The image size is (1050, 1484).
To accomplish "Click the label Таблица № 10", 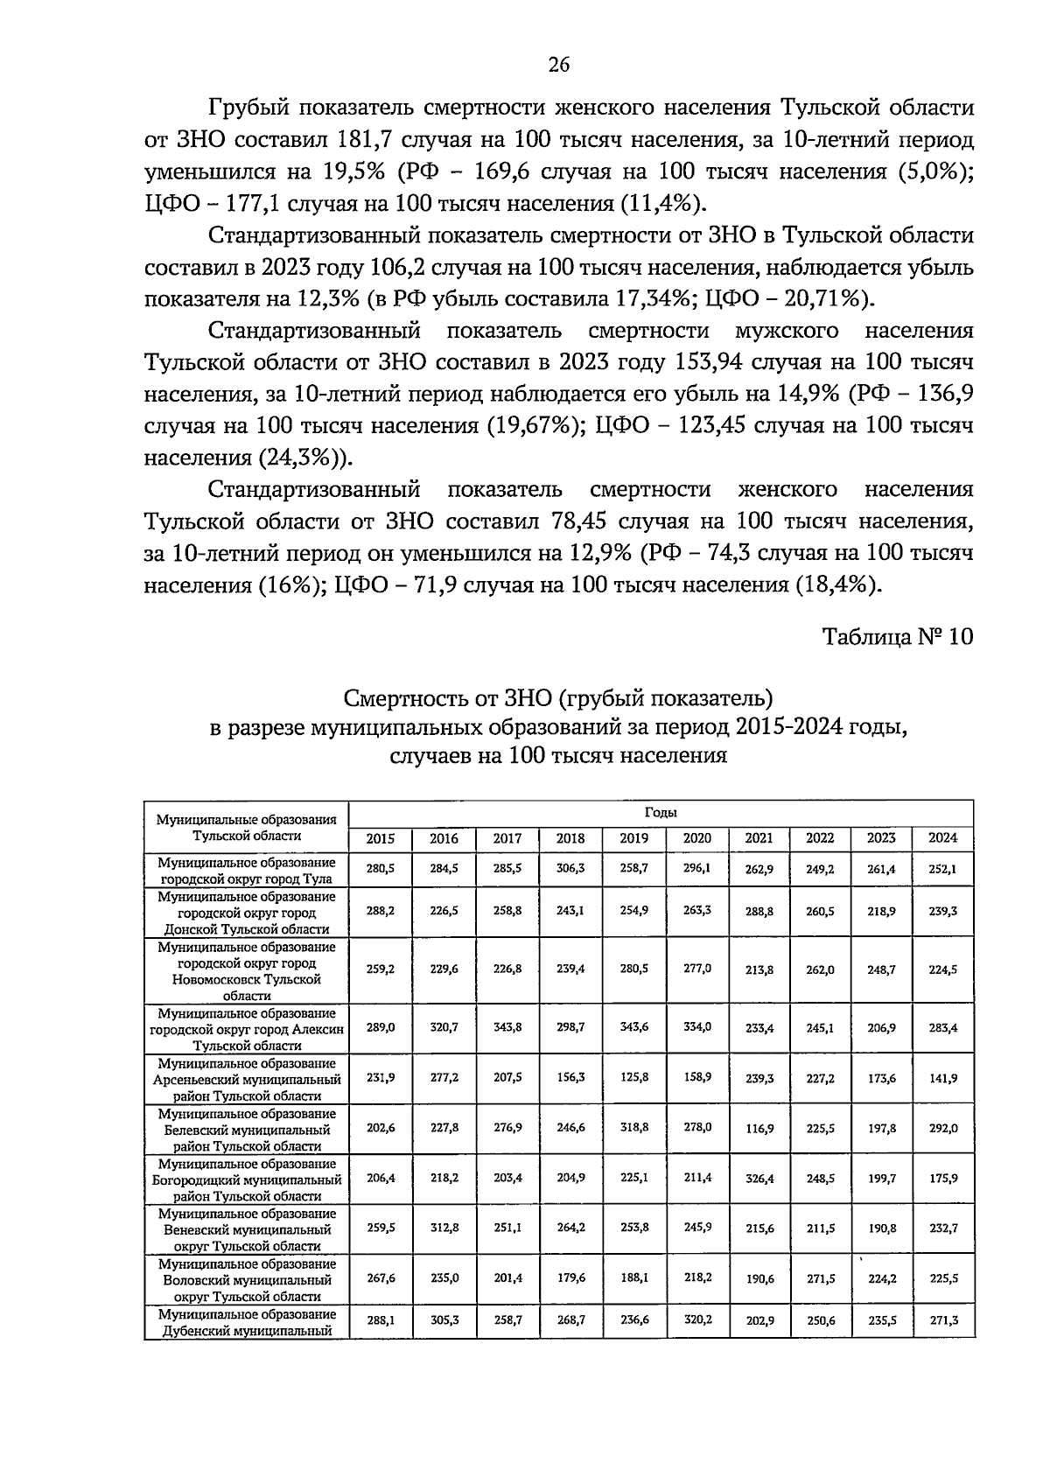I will click(897, 636).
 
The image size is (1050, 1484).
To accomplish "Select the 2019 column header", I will click(633, 838).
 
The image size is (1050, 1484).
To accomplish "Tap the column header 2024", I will click(942, 838).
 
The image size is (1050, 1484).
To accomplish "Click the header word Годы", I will click(661, 813).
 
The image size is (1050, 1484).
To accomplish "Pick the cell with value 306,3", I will click(570, 868).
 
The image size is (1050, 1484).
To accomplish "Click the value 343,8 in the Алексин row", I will click(507, 1027).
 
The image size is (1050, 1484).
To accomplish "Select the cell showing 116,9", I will click(759, 1128).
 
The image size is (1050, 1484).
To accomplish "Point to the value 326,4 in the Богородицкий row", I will click(759, 1178).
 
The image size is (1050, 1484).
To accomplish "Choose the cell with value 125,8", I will click(633, 1078).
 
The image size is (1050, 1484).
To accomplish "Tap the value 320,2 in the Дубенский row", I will click(696, 1319).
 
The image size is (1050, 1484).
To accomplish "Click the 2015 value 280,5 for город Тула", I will click(381, 868).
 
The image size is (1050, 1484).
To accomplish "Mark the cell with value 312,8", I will click(444, 1228).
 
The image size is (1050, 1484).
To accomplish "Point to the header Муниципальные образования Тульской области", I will click(247, 827).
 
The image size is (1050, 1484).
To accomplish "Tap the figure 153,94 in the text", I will click(719, 363).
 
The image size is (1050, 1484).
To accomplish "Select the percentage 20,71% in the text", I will click(819, 299).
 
